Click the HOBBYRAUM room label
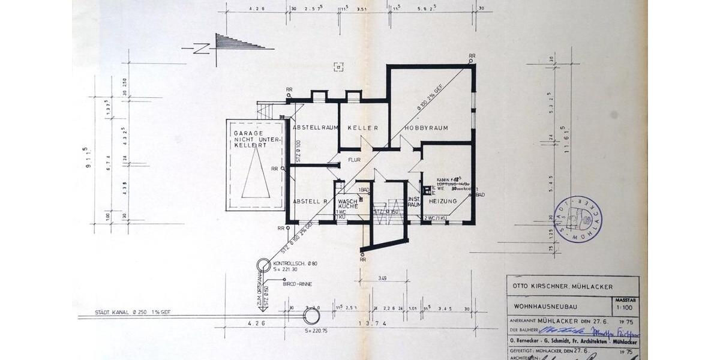(x=427, y=128)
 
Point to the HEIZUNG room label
(x=443, y=201)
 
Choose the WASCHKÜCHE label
(x=348, y=203)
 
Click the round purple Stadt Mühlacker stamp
(x=578, y=219)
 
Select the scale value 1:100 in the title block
(x=623, y=308)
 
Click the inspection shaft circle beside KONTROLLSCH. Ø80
(x=264, y=266)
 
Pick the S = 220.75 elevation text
(x=316, y=331)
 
